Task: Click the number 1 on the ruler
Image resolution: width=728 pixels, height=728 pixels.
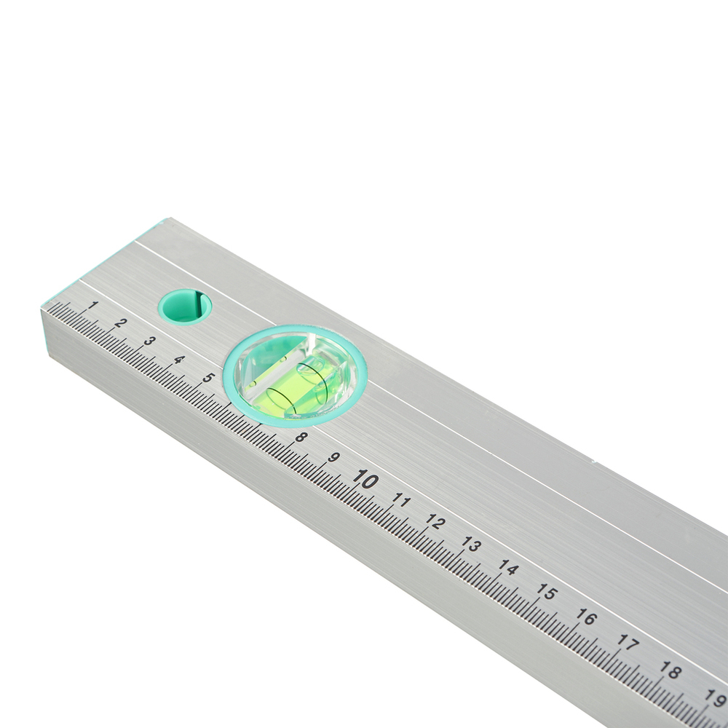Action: pyautogui.click(x=93, y=305)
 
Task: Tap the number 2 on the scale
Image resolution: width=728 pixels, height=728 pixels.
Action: pyautogui.click(x=120, y=323)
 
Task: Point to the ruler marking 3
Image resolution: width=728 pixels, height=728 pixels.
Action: pyautogui.click(x=149, y=341)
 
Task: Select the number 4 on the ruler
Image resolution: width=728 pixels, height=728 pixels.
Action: pyautogui.click(x=179, y=360)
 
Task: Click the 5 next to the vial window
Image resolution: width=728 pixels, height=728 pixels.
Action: pyautogui.click(x=208, y=377)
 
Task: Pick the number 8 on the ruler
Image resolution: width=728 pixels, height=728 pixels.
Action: pyautogui.click(x=301, y=437)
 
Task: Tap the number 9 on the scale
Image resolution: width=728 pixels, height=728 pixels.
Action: pyautogui.click(x=333, y=457)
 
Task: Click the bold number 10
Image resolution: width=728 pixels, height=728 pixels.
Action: pyautogui.click(x=365, y=479)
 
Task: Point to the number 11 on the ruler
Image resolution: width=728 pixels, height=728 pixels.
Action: pyautogui.click(x=401, y=501)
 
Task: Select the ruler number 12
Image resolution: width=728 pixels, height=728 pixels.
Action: pyautogui.click(x=435, y=522)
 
